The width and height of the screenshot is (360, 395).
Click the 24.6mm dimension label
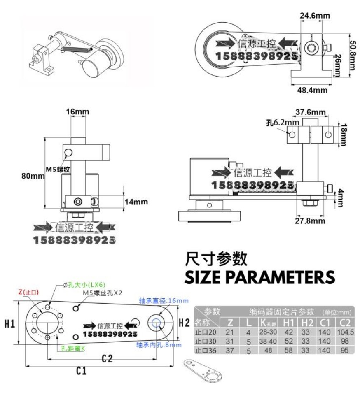(x=315, y=16)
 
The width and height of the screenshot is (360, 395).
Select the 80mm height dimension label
(x=33, y=176)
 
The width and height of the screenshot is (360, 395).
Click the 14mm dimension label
(x=136, y=202)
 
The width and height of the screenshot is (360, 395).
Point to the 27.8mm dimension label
(x=310, y=221)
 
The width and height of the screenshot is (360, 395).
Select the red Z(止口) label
(x=28, y=292)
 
